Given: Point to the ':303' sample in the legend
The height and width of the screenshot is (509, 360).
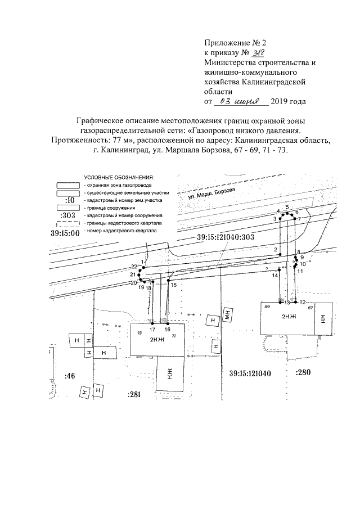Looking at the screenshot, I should (x=70, y=215).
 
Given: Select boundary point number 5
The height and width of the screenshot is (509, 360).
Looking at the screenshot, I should (x=287, y=208).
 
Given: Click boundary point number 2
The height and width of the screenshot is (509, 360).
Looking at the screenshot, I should (x=276, y=249).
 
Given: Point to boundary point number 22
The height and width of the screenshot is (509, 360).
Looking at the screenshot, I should (x=133, y=266).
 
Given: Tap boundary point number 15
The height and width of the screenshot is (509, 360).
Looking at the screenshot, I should (x=174, y=285).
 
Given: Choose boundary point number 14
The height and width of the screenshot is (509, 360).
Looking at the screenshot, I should (x=275, y=276).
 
